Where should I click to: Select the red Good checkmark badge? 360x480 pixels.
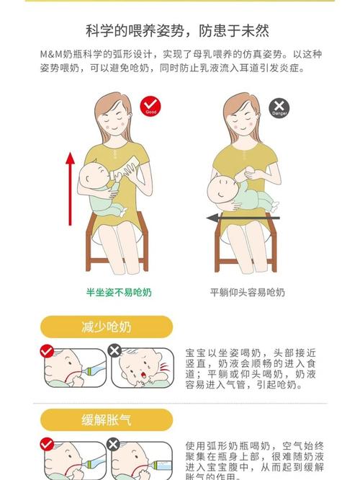coord(150,107)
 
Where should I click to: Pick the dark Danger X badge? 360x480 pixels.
coord(279,109)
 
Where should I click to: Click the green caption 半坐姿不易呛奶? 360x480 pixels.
coord(119,293)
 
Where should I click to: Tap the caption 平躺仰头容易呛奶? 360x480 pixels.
coord(247,293)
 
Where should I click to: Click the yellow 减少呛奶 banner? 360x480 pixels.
coord(106,326)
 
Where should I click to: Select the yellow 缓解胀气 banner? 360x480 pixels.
coord(106,419)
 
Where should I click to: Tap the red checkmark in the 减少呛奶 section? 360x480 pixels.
coord(47,351)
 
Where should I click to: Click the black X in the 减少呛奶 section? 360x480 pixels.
coord(114,351)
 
